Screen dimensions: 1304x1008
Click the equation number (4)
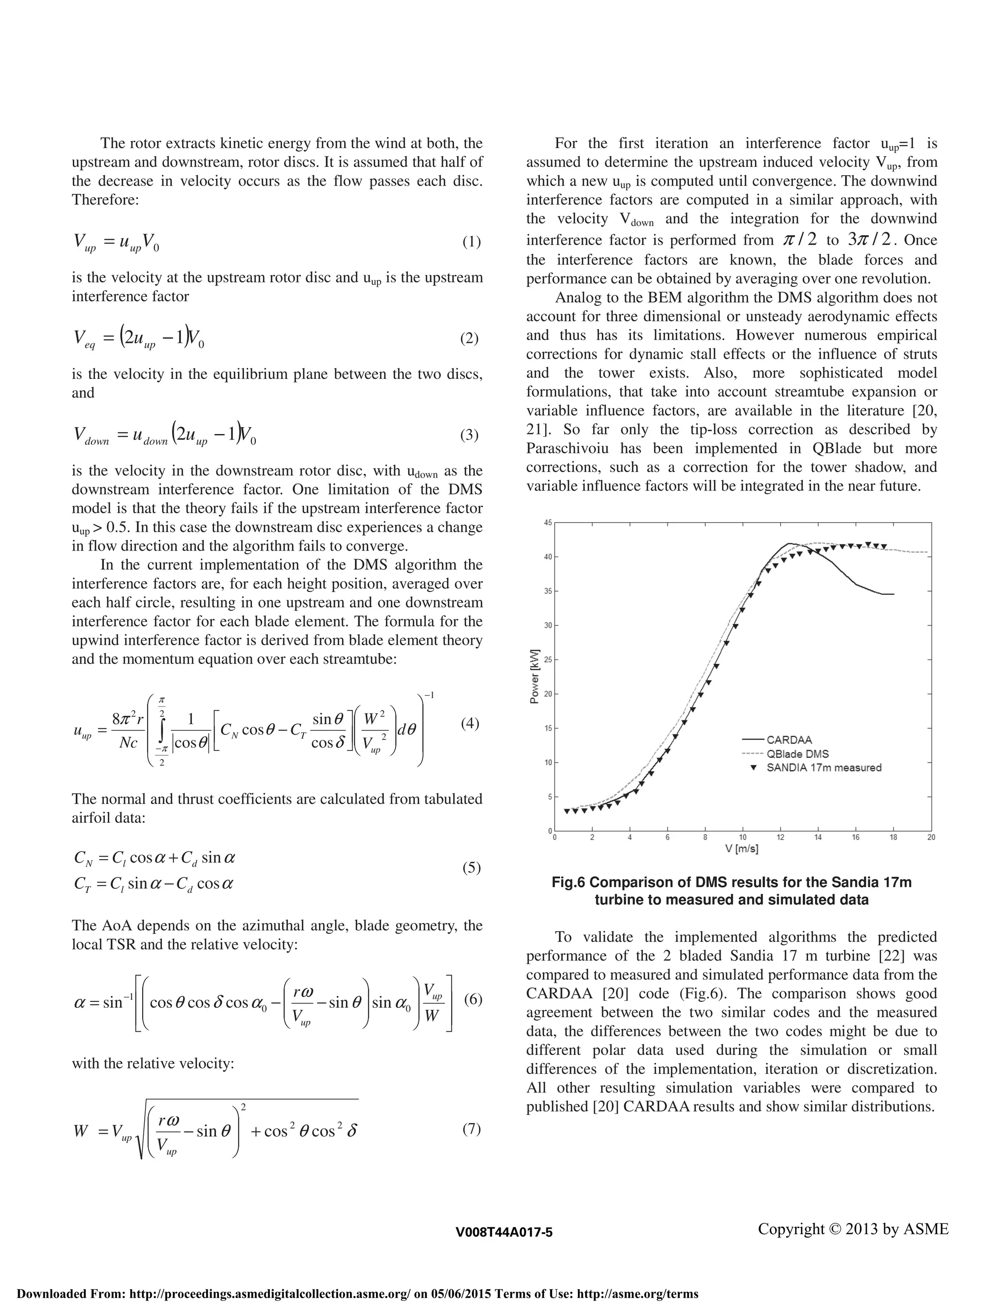[x=471, y=724]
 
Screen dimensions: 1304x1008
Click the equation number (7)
[x=471, y=1128]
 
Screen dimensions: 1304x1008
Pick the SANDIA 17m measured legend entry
[x=823, y=767]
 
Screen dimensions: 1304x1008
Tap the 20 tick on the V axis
[x=931, y=838]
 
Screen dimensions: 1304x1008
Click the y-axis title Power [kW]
[x=535, y=676]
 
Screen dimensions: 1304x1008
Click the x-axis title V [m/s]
[x=742, y=848]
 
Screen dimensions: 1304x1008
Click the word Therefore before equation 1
[x=105, y=200]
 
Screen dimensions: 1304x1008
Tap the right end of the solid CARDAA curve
[x=893, y=594]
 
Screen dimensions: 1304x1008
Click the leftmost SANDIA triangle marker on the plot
[x=566, y=811]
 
